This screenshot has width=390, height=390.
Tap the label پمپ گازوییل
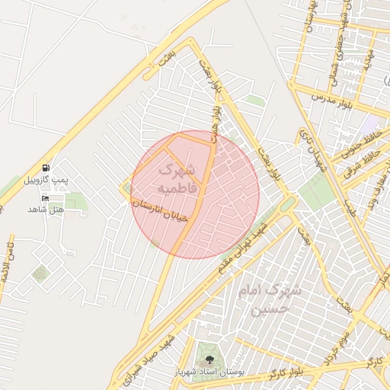pyautogui.click(x=47, y=180)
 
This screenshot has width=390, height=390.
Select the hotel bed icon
pyautogui.click(x=46, y=197)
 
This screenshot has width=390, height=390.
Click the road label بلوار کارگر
pyautogui.click(x=287, y=374)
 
